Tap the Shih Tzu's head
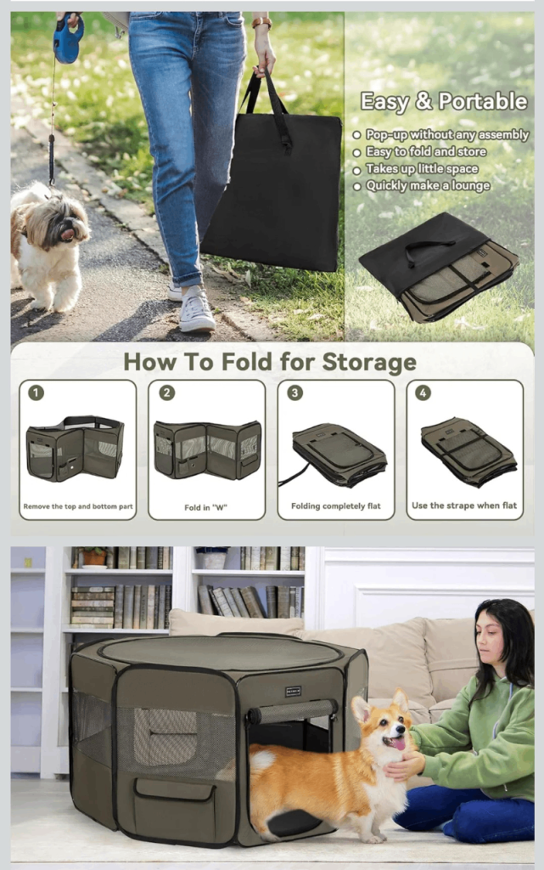coord(63,220)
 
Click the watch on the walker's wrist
coord(262,23)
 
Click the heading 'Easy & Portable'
coord(444,102)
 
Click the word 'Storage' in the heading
coord(369,362)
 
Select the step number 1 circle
coord(36,393)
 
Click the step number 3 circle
coord(294,393)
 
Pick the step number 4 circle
coord(423,393)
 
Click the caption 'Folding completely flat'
coord(336,506)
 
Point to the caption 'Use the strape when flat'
coord(464,506)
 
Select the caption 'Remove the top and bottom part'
coord(78,506)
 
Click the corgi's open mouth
coord(397,743)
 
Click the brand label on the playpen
coord(293,692)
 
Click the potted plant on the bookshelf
coord(94,556)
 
